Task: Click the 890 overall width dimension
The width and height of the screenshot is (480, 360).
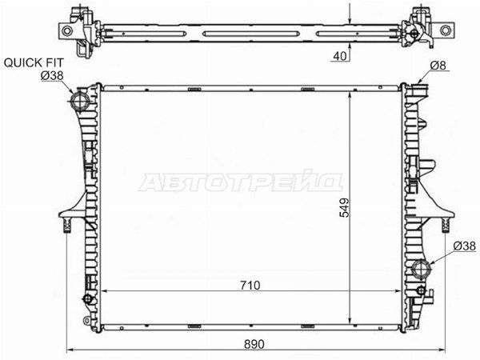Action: (x=254, y=344)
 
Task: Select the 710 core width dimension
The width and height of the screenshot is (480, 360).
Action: (x=250, y=286)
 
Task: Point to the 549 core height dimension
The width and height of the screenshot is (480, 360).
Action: (x=344, y=207)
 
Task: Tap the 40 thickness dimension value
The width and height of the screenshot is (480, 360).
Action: (x=340, y=56)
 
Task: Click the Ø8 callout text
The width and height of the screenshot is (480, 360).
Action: (x=438, y=66)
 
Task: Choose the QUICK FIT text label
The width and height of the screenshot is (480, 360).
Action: (x=34, y=62)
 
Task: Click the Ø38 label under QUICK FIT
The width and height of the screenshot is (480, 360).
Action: (x=52, y=75)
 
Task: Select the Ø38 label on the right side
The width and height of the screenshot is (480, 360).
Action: (x=464, y=246)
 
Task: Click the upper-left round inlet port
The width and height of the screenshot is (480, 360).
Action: (x=81, y=100)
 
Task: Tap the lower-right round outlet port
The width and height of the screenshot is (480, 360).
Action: (x=422, y=269)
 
